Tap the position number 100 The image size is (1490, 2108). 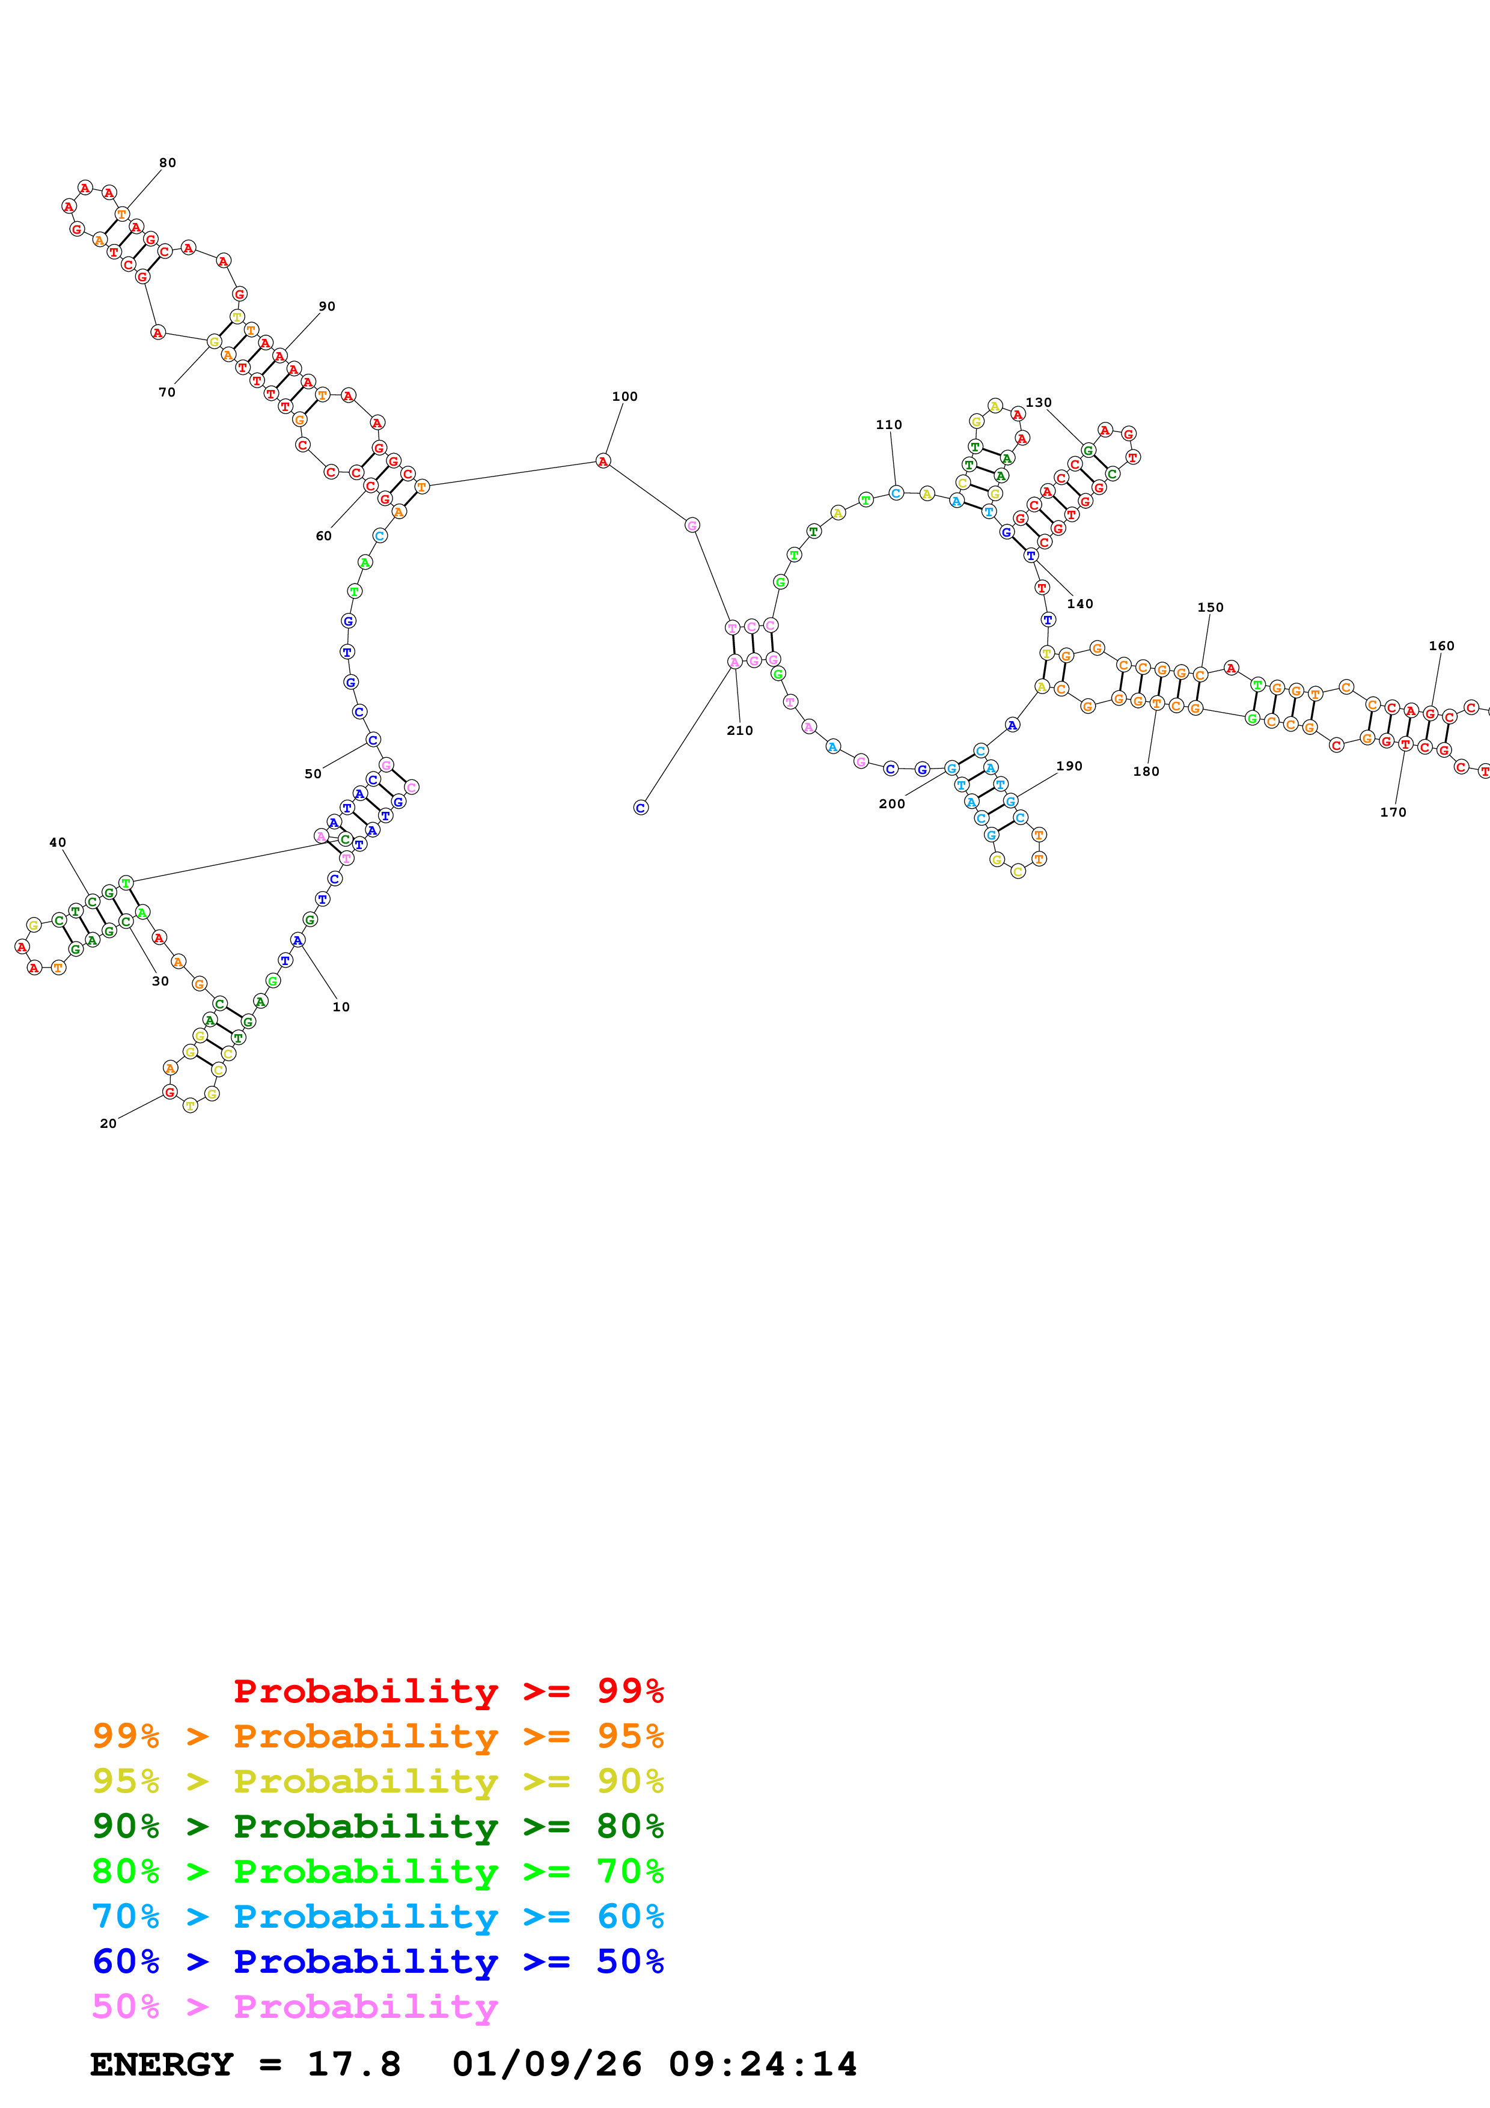coord(624,397)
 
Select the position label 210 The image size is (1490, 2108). coord(739,731)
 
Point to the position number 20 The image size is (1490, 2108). coord(108,1124)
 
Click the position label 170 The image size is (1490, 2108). coord(1393,812)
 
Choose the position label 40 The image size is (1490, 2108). coord(58,843)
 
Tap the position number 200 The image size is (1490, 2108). coord(891,804)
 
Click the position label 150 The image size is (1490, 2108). coord(1210,608)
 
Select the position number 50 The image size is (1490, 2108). coord(313,774)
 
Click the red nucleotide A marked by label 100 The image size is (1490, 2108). coord(603,461)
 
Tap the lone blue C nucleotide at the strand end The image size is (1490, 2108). coord(641,808)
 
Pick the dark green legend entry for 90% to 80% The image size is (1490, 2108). coord(377,1826)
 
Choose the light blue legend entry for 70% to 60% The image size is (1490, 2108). coord(377,1917)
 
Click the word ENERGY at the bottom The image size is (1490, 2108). coord(162,2065)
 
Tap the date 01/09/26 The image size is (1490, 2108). coord(546,2065)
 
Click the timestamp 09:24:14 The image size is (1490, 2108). coord(762,2065)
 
